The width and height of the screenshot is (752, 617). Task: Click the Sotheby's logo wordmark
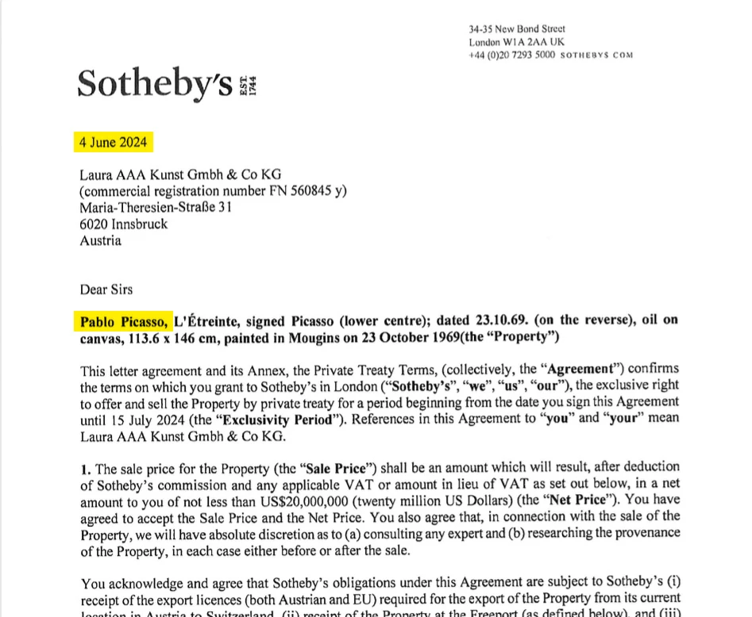(155, 83)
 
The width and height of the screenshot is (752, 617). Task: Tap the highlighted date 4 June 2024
(112, 144)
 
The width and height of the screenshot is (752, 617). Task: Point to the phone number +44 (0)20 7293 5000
(511, 56)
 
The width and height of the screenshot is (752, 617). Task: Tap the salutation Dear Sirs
(106, 290)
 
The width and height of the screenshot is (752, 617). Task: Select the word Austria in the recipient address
(100, 240)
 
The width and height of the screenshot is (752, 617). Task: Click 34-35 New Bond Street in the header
(516, 29)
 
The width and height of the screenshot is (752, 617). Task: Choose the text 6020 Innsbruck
(123, 224)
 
